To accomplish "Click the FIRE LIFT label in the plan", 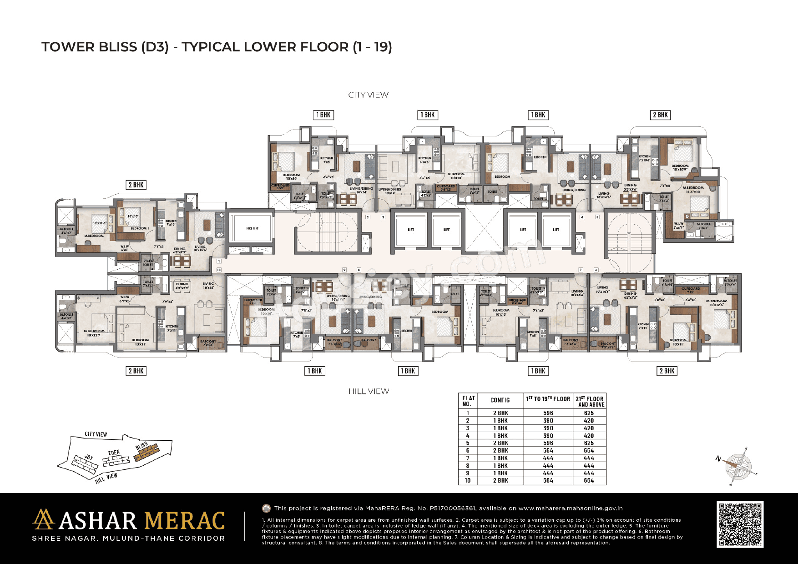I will pos(252,228).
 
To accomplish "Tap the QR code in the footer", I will pos(740,524).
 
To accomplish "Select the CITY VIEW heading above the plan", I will pos(368,95).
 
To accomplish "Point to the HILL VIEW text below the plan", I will pos(369,391).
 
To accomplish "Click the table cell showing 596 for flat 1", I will pos(548,413).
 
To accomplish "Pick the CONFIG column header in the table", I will pos(500,400).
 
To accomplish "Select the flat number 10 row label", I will pos(467,480).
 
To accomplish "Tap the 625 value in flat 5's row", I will pos(589,443).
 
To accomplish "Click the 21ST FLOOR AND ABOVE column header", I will pos(590,401).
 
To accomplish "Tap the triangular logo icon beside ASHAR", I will pos(44,519).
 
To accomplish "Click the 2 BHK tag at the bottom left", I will pos(136,371).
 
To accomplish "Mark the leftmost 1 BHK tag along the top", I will pos(323,115).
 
